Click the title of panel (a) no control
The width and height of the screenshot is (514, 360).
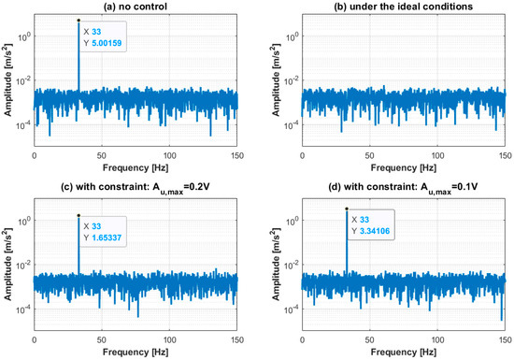point(136,8)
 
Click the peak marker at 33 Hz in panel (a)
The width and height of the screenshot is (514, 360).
point(79,20)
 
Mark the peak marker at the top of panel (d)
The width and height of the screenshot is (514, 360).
point(347,209)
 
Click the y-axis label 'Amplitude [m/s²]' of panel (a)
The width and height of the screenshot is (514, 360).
point(7,82)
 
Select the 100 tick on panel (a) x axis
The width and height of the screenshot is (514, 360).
point(169,155)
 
